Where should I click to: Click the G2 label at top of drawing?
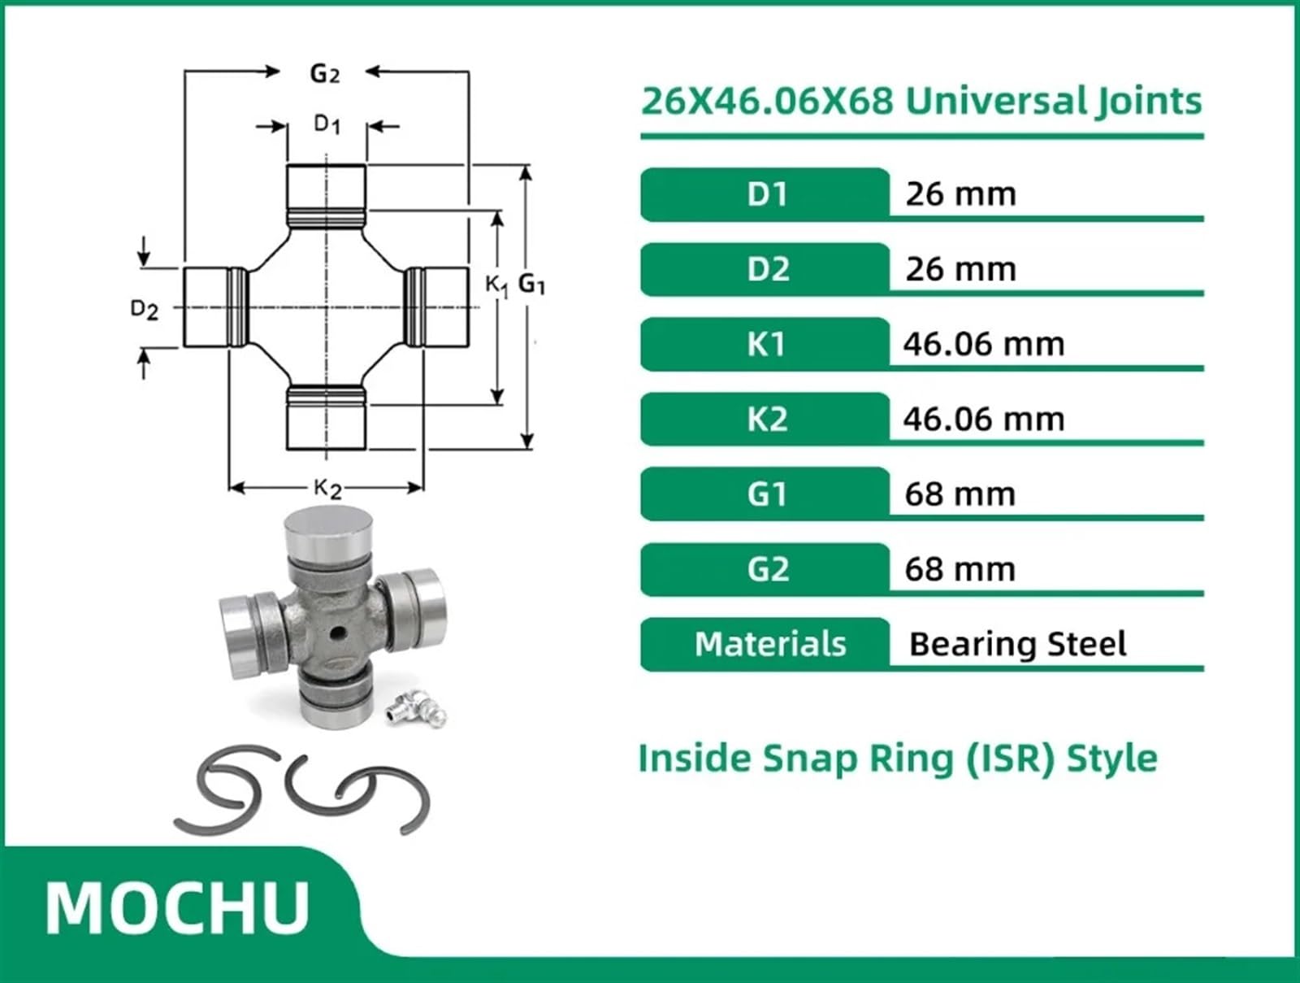pyautogui.click(x=324, y=74)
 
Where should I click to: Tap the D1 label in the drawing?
pyautogui.click(x=327, y=124)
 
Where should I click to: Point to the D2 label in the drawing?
pyautogui.click(x=144, y=309)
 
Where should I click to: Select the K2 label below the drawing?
pyautogui.click(x=327, y=488)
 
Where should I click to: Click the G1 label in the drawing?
pyautogui.click(x=531, y=284)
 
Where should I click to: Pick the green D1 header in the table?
pyautogui.click(x=765, y=194)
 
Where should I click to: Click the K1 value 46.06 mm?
pyautogui.click(x=983, y=344)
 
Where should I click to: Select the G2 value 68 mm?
pyautogui.click(x=960, y=569)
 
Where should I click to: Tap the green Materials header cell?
pyautogui.click(x=769, y=644)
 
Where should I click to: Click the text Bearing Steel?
pyautogui.click(x=1017, y=644)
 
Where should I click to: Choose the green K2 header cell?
pyautogui.click(x=765, y=420)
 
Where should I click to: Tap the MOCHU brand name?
pyautogui.click(x=177, y=908)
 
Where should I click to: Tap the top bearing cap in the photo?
pyautogui.click(x=327, y=528)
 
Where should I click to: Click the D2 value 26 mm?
pyautogui.click(x=960, y=269)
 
